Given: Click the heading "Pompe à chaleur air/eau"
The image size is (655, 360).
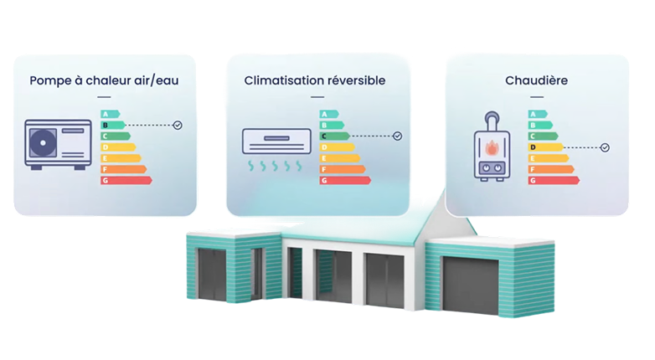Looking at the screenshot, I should (104, 81).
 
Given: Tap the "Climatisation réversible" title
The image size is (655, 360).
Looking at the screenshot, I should (315, 81).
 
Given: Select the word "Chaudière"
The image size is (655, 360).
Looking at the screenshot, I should (537, 81).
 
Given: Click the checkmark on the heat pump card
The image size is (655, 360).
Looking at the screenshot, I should (178, 125).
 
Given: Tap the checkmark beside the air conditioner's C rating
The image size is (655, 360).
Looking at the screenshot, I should (397, 136).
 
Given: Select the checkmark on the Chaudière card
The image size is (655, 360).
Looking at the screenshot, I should (605, 147).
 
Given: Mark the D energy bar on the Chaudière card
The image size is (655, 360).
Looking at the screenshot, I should (544, 147).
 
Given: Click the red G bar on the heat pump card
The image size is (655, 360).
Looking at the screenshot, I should (125, 180).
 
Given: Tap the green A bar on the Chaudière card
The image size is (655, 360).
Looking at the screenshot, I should (536, 114).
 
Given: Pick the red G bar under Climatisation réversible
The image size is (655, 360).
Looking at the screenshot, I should (344, 180).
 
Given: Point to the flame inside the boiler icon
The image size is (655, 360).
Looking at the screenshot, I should (491, 147).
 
